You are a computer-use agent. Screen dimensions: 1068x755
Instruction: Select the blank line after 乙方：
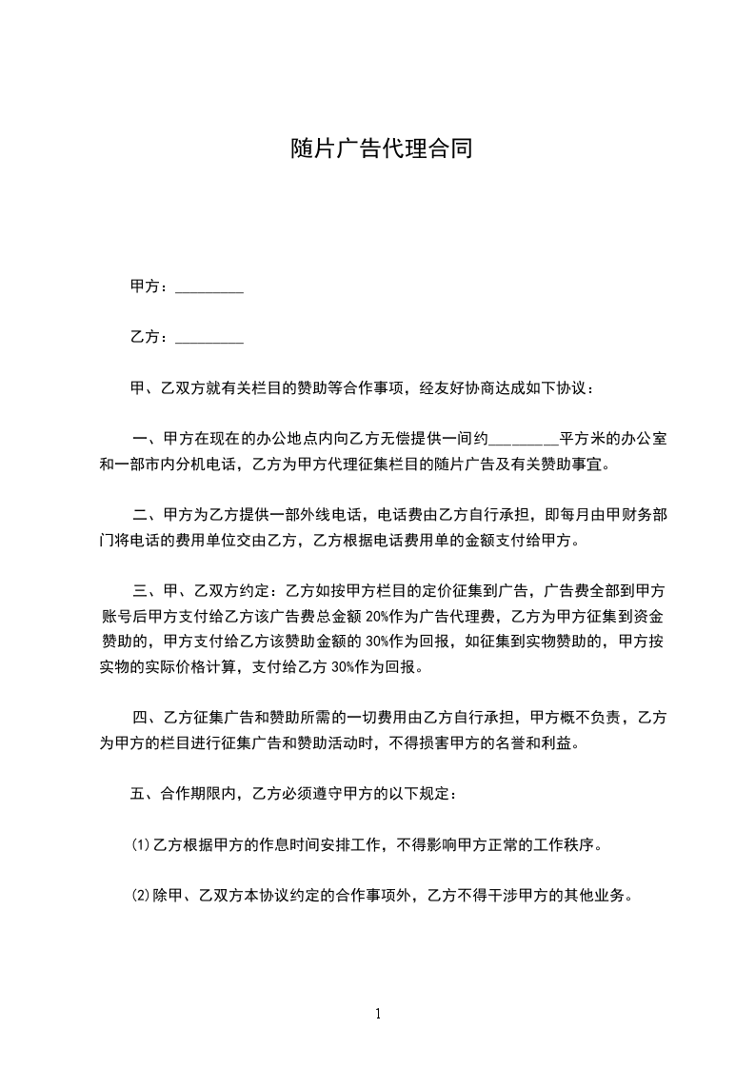pos(209,338)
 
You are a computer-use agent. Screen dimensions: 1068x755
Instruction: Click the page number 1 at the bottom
pos(378,1014)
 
